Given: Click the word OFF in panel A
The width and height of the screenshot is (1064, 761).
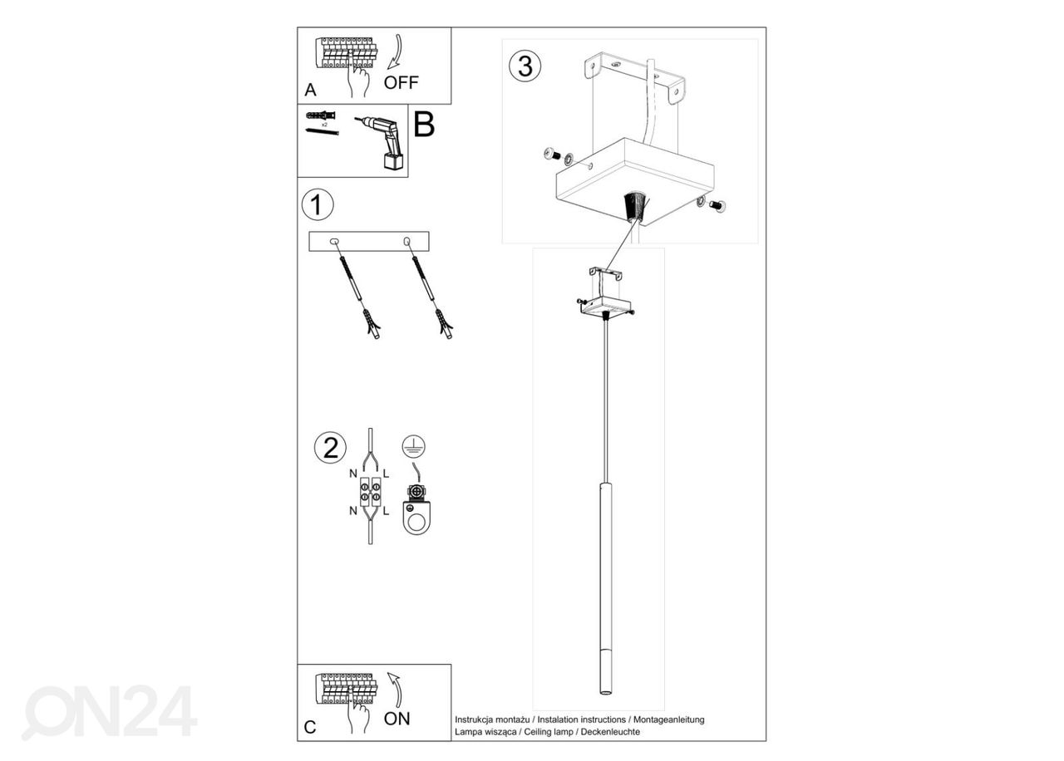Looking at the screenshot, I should [x=401, y=82].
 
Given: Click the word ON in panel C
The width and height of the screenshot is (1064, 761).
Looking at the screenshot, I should [x=397, y=719].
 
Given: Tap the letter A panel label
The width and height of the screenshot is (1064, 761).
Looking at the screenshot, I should [x=310, y=90].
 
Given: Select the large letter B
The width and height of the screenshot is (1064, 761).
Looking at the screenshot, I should [x=424, y=125].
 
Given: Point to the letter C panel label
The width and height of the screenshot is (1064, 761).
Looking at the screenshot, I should [x=310, y=728].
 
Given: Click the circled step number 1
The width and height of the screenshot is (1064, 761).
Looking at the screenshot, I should [x=317, y=204].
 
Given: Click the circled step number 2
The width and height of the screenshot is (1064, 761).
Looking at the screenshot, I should [x=330, y=448].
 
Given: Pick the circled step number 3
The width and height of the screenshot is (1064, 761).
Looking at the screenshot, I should [x=525, y=66].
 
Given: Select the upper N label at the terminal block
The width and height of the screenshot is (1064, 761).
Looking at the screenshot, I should [x=353, y=474].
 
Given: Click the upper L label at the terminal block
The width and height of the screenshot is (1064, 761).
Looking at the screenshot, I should [x=387, y=474].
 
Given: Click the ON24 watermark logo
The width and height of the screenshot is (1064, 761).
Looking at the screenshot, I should [x=109, y=712].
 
